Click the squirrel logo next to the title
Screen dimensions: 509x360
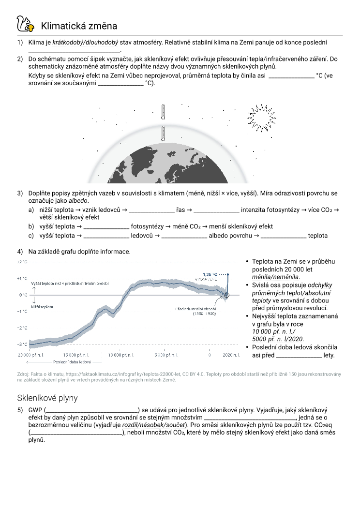coord(25,24)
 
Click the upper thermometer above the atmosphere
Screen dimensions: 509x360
coord(164,111)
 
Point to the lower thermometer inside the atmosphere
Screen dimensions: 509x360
coord(164,134)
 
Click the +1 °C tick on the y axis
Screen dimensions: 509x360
coord(22,278)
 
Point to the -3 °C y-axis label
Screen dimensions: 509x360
coord(22,344)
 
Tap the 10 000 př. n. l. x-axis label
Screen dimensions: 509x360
coord(120,355)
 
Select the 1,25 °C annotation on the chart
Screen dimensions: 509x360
coord(210,273)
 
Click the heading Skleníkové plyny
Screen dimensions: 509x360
coord(47,398)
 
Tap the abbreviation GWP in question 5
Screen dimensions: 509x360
coord(35,410)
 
